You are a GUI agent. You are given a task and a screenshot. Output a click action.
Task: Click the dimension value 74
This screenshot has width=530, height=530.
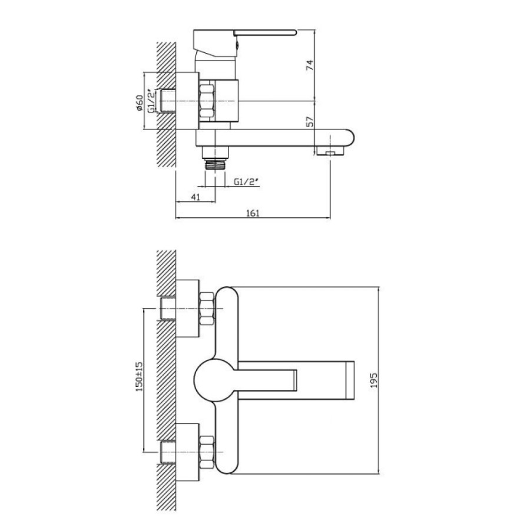point(310,65)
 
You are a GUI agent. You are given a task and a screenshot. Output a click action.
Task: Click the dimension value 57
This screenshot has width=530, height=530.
point(310,122)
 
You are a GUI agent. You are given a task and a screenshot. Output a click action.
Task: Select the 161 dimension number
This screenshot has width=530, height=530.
point(253,213)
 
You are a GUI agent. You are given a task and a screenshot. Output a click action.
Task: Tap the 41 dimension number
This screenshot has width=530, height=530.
point(196,197)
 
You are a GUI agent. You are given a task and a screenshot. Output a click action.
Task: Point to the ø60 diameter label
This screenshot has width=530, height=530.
point(140,103)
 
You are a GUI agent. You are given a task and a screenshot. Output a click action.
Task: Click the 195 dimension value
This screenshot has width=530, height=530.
point(373,380)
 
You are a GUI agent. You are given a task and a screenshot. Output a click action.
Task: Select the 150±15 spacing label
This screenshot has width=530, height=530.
point(139,376)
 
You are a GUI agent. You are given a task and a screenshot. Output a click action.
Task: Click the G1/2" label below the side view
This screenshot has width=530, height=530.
point(246,182)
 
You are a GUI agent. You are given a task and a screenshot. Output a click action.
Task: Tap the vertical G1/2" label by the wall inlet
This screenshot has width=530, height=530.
point(152,101)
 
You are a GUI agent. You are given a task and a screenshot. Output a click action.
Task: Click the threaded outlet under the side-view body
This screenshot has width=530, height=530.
point(215,164)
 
